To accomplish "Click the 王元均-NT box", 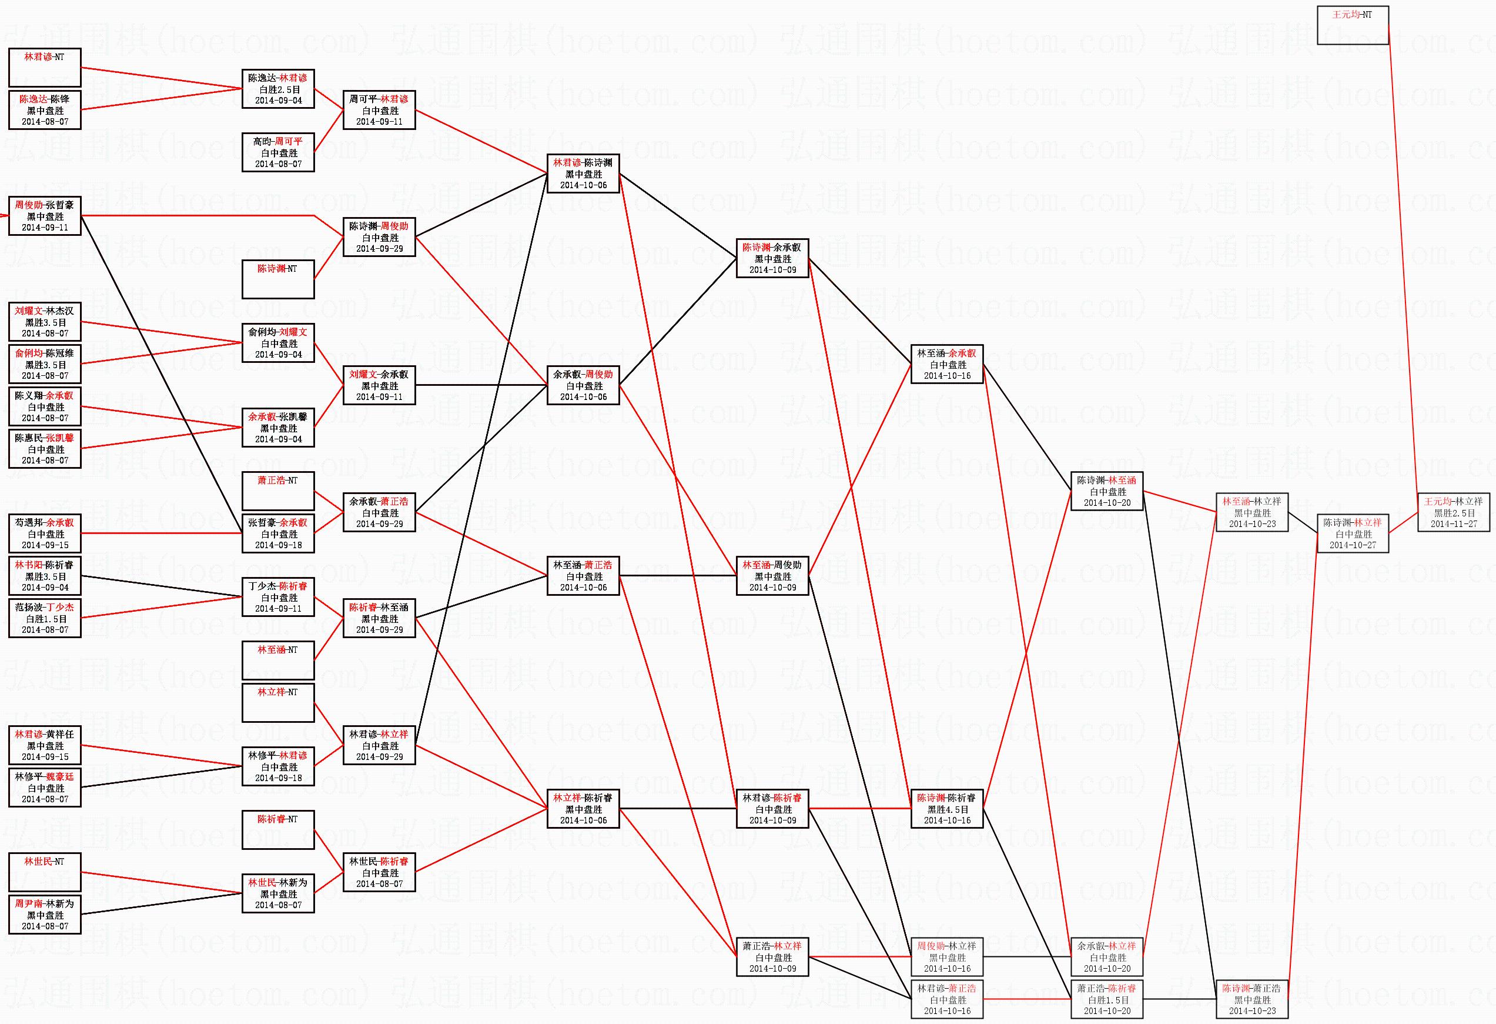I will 1353,25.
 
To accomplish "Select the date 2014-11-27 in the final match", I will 1454,523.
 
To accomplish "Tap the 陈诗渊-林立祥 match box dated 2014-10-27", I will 1353,533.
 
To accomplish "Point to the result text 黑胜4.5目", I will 947,809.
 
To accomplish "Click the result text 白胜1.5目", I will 1106,1000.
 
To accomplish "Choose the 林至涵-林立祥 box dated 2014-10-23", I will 1251,513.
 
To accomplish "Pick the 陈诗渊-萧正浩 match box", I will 1251,999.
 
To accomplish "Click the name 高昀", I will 262,142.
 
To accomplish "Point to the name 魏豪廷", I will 59,777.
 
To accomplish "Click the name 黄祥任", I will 59,734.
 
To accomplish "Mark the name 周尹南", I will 29,903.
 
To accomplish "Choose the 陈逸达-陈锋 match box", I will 45,110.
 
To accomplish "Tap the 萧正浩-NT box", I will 278,491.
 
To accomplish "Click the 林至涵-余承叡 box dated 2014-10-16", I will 946,364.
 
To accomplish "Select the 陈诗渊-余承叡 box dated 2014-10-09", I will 772,258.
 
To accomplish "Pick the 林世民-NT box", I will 45,872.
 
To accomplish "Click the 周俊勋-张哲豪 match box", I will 45,216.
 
